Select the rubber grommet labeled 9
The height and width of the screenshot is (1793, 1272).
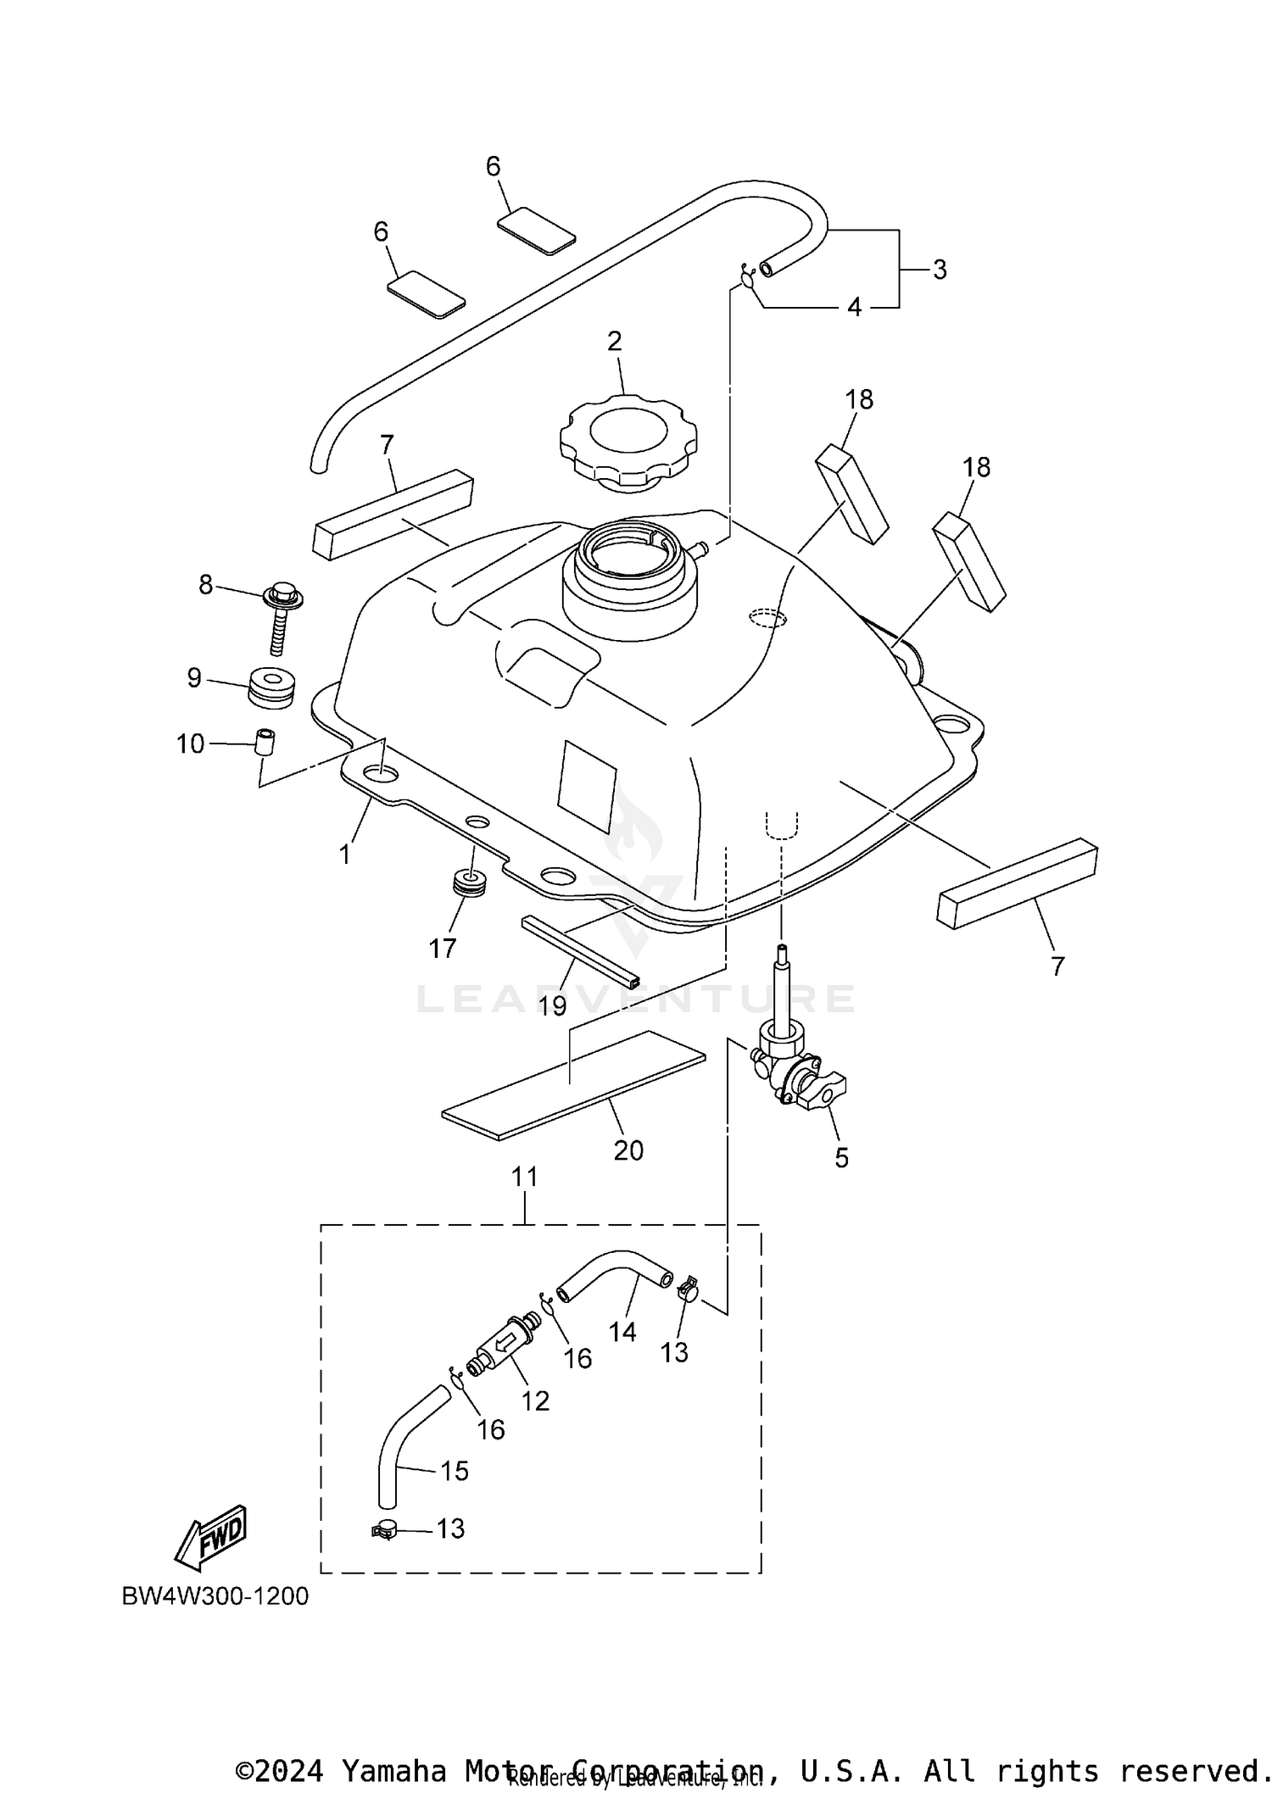(x=271, y=686)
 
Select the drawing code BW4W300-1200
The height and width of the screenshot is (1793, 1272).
(x=215, y=1595)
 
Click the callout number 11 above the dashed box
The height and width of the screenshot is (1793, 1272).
(x=525, y=1177)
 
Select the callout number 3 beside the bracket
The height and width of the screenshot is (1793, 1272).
(x=939, y=270)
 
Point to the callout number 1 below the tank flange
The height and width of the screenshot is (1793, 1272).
(x=344, y=854)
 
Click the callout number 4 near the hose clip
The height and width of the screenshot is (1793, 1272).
(x=854, y=307)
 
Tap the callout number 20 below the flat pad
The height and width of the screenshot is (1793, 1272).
(x=628, y=1150)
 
